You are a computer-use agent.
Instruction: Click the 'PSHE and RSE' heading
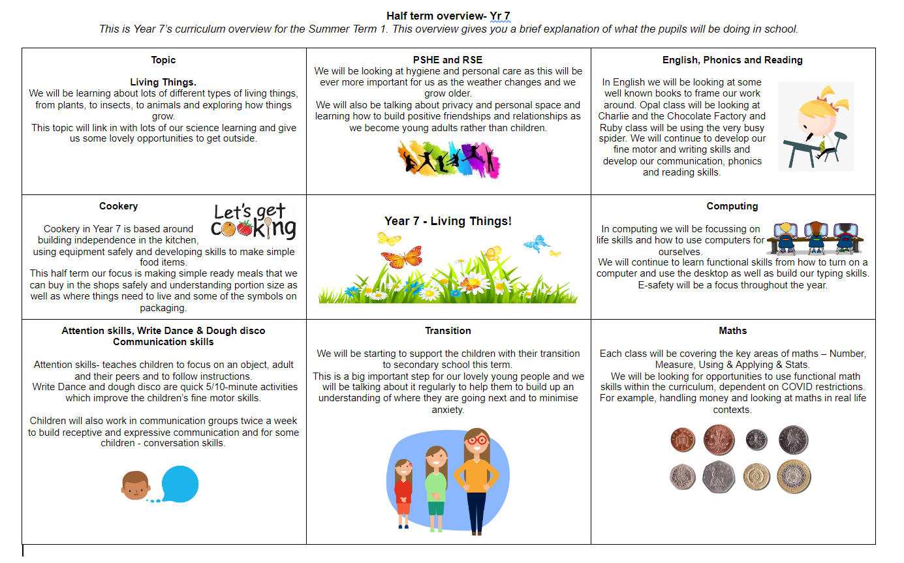click(448, 60)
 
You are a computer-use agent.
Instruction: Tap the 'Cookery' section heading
click(118, 206)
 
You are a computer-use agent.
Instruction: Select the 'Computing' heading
click(732, 206)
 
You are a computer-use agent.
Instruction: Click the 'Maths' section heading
click(732, 331)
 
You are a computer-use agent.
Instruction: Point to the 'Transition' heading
click(448, 331)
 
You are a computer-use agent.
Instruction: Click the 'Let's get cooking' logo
click(253, 221)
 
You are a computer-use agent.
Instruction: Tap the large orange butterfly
click(401, 258)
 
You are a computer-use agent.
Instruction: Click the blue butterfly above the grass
click(536, 244)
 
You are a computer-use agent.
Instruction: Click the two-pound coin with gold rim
click(793, 476)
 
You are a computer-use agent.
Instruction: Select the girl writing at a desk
click(815, 127)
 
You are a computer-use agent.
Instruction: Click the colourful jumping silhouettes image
click(448, 158)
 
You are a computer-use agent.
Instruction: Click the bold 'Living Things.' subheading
click(163, 82)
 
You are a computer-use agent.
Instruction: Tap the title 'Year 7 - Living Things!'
click(448, 221)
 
